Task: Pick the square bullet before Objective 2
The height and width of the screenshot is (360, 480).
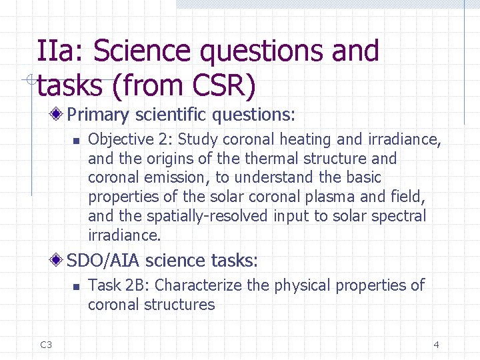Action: (76, 141)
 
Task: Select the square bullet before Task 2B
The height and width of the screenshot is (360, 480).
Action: (76, 287)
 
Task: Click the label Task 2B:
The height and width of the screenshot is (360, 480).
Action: (119, 285)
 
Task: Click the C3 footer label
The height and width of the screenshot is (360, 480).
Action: (46, 345)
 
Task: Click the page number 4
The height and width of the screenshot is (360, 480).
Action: (436, 345)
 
